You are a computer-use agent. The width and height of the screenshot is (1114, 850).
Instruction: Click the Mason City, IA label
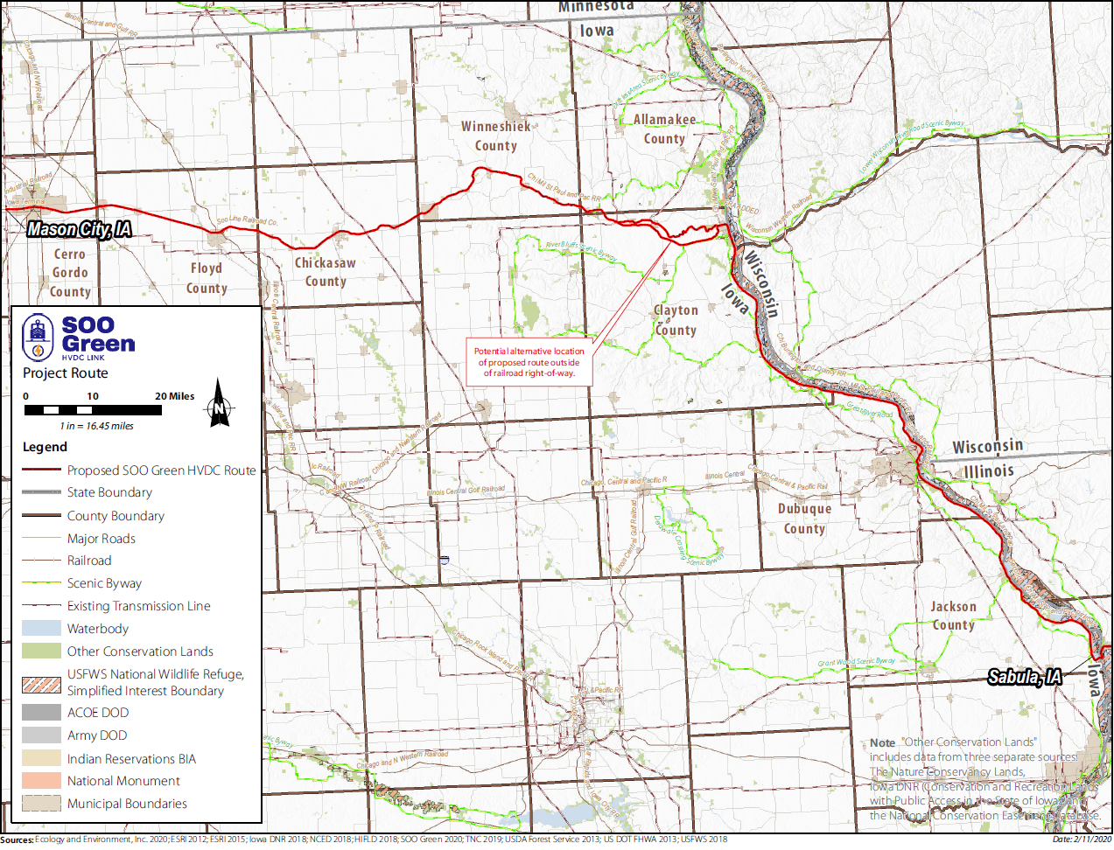point(80,229)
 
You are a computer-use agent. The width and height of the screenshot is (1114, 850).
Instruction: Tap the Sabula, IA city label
point(1025,677)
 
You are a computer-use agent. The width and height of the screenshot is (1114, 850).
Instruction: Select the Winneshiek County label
point(496,136)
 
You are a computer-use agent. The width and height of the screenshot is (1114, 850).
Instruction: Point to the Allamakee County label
point(665,129)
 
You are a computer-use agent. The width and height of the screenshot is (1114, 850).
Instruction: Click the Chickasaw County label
point(326,272)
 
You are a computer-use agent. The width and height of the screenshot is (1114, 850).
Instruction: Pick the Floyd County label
point(207,278)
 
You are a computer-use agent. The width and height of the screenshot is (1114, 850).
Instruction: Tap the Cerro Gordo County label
point(70,273)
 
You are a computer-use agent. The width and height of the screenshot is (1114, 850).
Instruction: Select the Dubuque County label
point(804,519)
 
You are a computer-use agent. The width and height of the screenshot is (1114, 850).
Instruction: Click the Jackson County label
point(953,616)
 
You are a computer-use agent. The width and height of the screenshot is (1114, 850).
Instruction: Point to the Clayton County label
point(676,320)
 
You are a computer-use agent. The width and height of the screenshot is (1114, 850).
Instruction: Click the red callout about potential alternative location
point(529,362)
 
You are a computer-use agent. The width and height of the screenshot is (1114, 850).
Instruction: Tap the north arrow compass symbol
point(219,404)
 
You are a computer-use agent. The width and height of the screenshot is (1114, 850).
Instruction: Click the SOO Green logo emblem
point(38,338)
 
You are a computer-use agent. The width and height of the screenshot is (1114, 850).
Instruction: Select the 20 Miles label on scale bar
point(175,396)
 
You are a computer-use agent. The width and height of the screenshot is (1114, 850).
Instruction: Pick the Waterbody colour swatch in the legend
point(41,628)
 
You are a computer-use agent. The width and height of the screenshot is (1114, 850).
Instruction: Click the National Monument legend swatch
point(41,780)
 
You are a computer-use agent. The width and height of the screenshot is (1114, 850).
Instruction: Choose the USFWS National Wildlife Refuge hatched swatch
point(41,684)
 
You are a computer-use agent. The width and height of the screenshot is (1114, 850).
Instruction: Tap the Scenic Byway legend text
point(104,583)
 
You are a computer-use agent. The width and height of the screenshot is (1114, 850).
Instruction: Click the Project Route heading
point(66,373)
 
